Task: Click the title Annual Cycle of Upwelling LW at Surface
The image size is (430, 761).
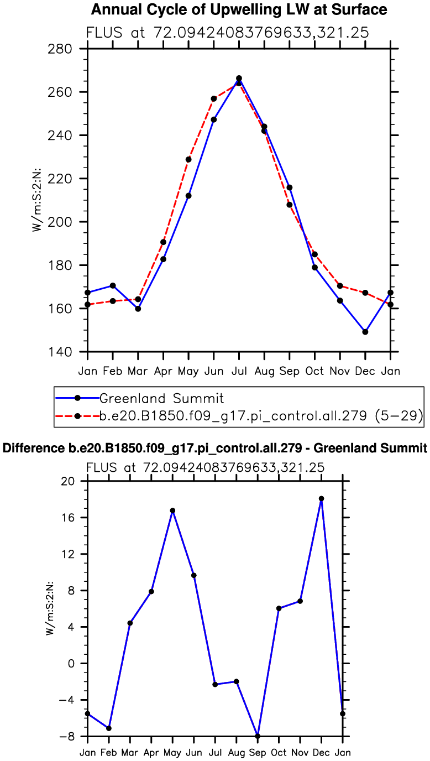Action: [238, 9]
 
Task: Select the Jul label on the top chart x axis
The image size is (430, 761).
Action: [239, 370]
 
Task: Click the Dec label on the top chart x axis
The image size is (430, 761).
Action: [365, 370]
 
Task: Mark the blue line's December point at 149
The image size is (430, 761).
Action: [365, 332]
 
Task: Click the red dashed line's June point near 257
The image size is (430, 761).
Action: [213, 98]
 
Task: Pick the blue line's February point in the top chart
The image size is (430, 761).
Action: [113, 285]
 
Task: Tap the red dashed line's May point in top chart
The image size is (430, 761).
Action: [188, 159]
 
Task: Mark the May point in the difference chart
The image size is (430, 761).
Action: [172, 510]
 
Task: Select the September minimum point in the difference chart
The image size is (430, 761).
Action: [258, 736]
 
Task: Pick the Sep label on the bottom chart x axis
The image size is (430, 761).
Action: [258, 752]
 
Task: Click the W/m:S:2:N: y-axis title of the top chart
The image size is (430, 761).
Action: [36, 199]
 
